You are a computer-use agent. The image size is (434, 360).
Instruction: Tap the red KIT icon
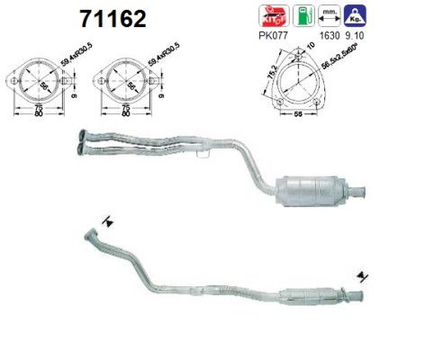pyautogui.click(x=268, y=16)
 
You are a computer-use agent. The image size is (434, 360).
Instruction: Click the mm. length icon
pyautogui.click(x=330, y=16)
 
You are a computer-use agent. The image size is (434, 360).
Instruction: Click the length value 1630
pyautogui.click(x=329, y=38)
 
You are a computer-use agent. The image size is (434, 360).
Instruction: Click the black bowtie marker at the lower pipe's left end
pyautogui.click(x=108, y=221)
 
